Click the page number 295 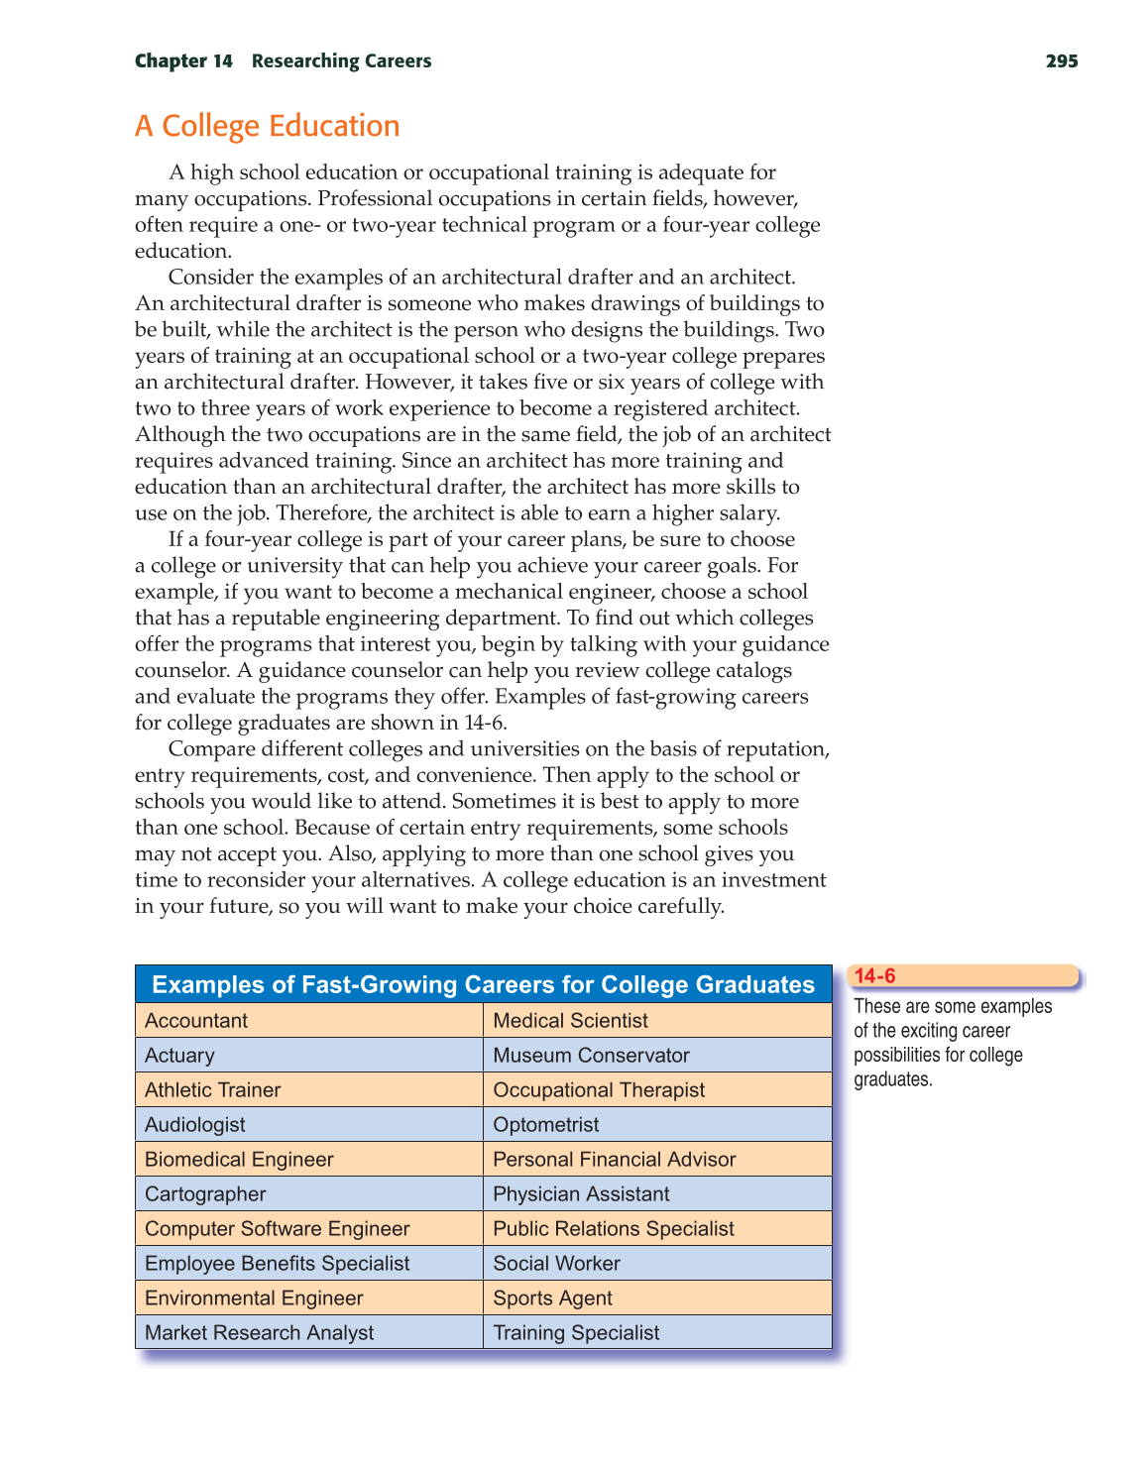click(x=1061, y=61)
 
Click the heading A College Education click(x=268, y=127)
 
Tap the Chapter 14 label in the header click(x=183, y=61)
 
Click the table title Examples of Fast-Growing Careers click(x=483, y=985)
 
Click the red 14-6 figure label click(x=875, y=976)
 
